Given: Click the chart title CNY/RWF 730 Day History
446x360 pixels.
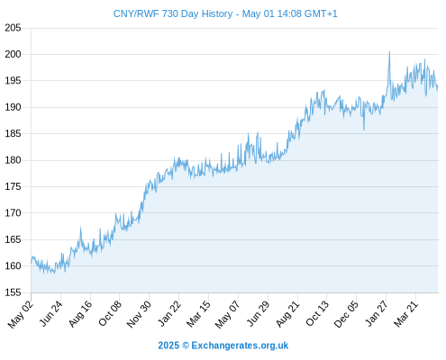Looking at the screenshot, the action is click(x=173, y=13).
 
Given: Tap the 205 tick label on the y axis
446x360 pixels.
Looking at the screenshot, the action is click(x=13, y=28).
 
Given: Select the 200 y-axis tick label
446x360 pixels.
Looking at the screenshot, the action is click(x=13, y=54).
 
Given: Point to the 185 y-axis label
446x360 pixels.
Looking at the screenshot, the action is click(x=13, y=133).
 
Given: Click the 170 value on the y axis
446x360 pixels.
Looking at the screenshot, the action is click(x=13, y=213).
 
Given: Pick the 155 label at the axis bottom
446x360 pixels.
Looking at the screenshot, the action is click(x=13, y=292).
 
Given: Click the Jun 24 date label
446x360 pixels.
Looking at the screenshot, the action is click(x=51, y=313).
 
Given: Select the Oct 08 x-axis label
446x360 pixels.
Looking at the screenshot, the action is click(x=110, y=313).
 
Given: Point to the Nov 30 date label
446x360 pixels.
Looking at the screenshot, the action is click(x=139, y=314).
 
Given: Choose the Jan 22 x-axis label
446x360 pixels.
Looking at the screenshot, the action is click(x=169, y=313).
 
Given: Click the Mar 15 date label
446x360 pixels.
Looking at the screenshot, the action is click(x=198, y=314).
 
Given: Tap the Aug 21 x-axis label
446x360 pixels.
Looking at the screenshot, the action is click(x=287, y=314).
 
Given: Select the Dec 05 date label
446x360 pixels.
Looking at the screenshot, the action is click(x=346, y=314).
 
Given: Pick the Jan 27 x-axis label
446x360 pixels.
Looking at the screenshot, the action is click(x=376, y=313).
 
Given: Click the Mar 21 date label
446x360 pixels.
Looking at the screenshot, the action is click(x=405, y=314).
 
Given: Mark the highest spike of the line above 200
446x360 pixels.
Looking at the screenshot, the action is click(x=389, y=52).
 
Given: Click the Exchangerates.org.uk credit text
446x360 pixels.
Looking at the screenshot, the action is click(x=240, y=346).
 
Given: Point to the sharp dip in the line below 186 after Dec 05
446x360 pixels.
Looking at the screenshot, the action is click(x=364, y=130).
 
